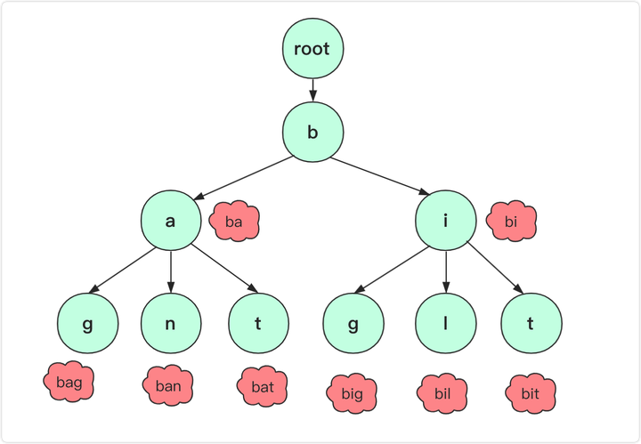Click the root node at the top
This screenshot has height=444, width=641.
point(312,48)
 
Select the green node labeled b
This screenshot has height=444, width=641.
point(312,132)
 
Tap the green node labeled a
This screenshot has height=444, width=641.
point(171,220)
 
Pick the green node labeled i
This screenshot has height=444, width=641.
point(446,220)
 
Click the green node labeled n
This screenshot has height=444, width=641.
point(171,323)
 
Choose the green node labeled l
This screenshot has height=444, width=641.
point(446,323)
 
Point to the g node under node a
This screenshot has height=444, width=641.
point(88,323)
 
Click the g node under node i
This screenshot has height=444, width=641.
point(353,323)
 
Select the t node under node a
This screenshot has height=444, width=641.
point(258,323)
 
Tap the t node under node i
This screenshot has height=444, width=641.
point(531,323)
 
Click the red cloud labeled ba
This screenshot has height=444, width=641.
point(234,220)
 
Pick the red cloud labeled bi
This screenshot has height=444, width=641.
point(511,220)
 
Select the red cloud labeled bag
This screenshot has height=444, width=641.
point(69,382)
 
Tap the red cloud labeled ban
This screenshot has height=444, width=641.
point(168,385)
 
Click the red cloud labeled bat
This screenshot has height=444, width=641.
point(262,386)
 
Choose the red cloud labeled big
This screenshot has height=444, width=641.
point(352,393)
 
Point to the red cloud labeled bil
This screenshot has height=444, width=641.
point(442,393)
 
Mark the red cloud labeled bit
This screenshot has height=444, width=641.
point(531,393)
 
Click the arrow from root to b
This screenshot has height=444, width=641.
point(312,90)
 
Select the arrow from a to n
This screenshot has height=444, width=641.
point(171,271)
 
